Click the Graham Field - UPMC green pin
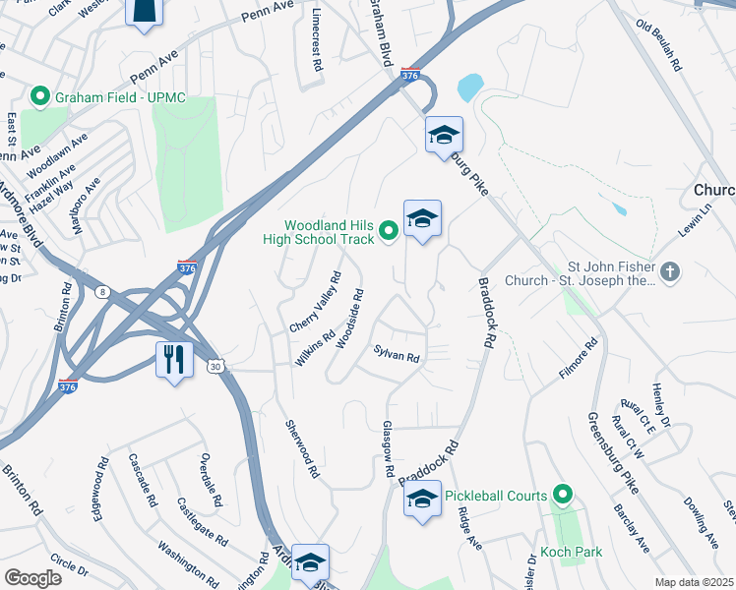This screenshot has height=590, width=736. [40, 97]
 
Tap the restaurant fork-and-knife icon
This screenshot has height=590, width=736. [175, 360]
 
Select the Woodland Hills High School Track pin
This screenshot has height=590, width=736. [389, 231]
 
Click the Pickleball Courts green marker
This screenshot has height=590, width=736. [563, 496]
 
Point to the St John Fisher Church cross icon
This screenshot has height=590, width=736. [670, 272]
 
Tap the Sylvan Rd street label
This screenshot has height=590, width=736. [397, 354]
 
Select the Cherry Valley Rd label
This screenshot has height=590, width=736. [316, 300]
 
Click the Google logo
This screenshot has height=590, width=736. [32, 578]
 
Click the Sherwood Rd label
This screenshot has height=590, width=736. [301, 448]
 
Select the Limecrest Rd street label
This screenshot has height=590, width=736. [317, 43]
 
